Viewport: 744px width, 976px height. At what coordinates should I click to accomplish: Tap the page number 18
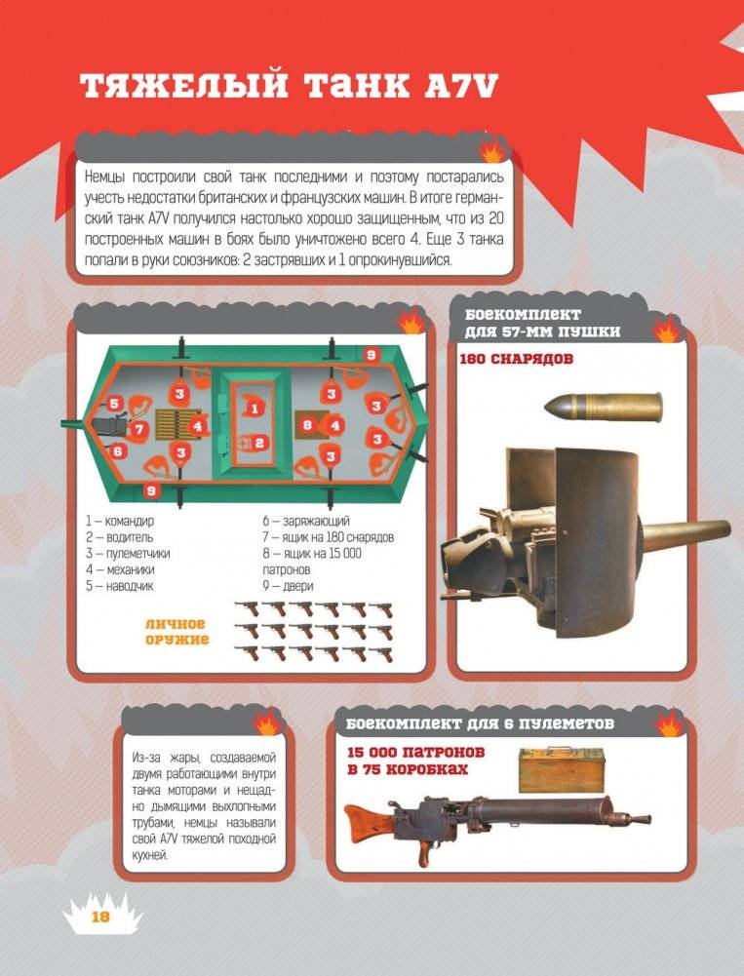click(x=100, y=917)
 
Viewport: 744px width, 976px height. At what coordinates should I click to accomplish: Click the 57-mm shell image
click(x=603, y=407)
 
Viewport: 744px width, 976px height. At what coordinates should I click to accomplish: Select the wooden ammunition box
click(x=562, y=770)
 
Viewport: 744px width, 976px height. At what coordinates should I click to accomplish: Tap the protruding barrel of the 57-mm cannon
click(x=685, y=532)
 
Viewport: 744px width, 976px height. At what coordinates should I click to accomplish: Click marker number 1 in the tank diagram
click(x=254, y=409)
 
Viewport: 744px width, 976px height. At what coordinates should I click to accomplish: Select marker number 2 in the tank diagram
click(x=259, y=444)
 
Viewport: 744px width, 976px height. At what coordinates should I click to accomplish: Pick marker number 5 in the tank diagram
click(x=114, y=404)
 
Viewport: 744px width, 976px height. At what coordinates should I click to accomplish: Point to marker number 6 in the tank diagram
click(x=116, y=450)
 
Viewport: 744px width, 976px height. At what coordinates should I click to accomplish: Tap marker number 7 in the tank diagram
click(x=138, y=429)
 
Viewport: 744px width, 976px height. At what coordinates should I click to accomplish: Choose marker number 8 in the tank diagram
click(x=306, y=426)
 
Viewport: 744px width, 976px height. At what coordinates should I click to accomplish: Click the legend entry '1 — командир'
click(x=120, y=521)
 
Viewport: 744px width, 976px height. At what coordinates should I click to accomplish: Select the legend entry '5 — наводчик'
click(x=120, y=586)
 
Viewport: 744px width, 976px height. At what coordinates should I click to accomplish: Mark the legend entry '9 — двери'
click(x=288, y=586)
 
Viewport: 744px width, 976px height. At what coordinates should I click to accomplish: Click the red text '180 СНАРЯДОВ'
click(x=516, y=359)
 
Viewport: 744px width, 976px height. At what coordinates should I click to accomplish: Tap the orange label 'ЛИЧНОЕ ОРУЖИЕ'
click(x=176, y=632)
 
